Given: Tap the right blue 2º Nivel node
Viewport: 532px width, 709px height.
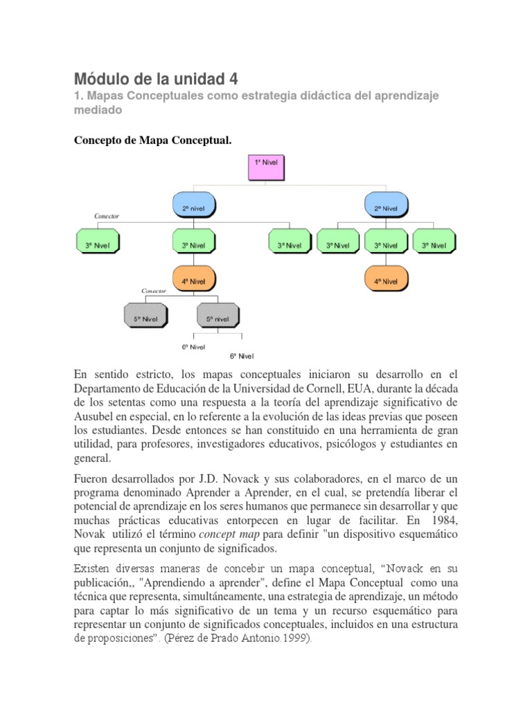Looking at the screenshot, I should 386,206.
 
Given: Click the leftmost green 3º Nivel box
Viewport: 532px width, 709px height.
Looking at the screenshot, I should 97,244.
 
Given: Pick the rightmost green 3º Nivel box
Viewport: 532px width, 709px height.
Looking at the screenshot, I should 434,244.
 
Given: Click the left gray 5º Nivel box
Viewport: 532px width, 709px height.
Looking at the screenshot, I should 146,319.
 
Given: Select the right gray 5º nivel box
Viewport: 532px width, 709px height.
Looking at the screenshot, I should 217,319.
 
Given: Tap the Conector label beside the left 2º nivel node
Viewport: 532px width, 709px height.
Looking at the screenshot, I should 107,216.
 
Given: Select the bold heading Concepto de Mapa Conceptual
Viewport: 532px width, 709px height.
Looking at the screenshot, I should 152,141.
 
